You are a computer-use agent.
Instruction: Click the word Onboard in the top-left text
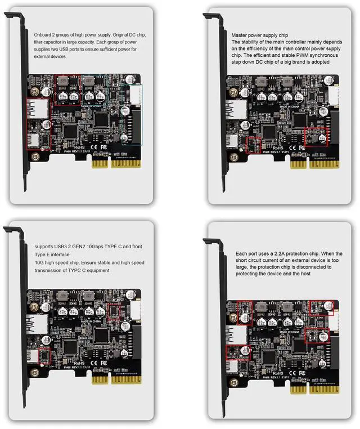click(44, 35)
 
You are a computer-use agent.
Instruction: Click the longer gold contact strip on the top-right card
click(312, 162)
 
